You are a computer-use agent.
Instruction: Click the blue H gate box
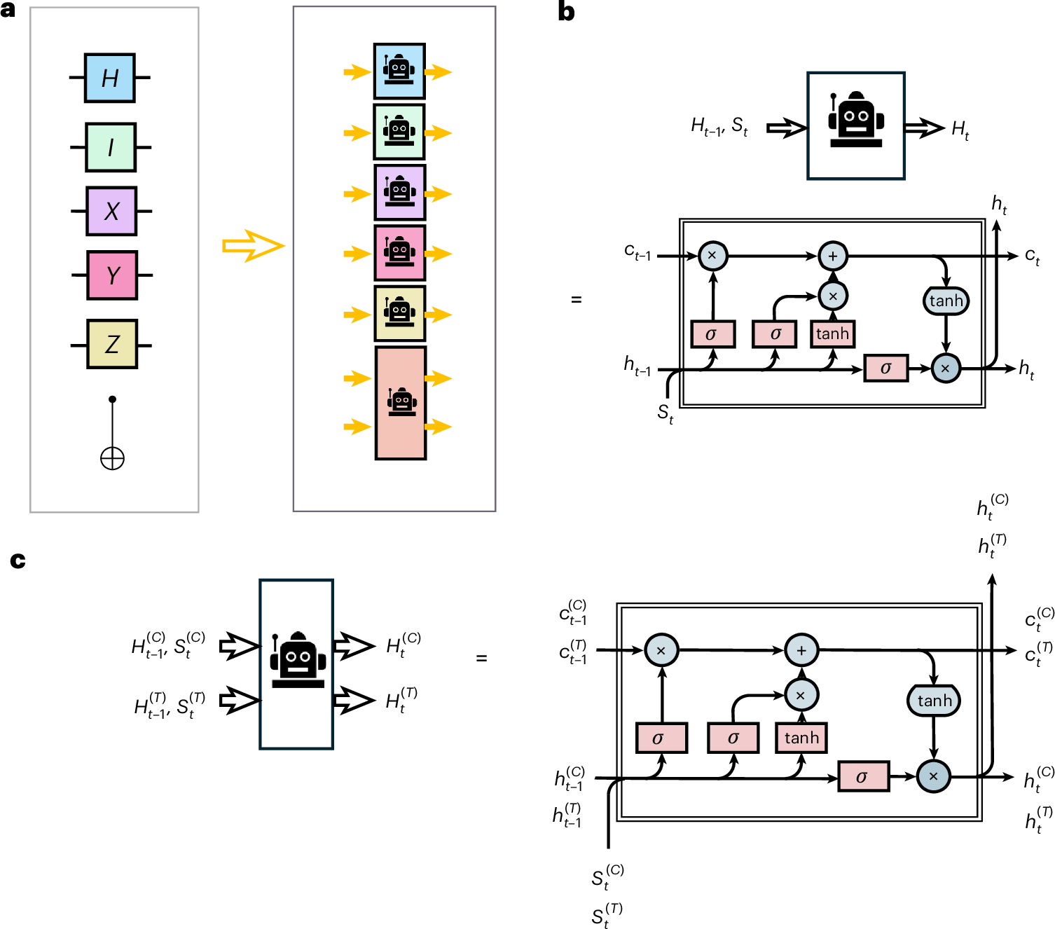pyautogui.click(x=110, y=78)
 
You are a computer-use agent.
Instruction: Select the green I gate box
pyautogui.click(x=111, y=147)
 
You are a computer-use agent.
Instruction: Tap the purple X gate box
pyautogui.click(x=111, y=211)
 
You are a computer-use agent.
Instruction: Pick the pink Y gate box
pyautogui.click(x=112, y=275)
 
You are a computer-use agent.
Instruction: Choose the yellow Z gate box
pyautogui.click(x=112, y=344)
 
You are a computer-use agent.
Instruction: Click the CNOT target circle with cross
pyautogui.click(x=112, y=459)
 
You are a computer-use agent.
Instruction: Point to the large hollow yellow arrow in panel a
pyautogui.click(x=253, y=246)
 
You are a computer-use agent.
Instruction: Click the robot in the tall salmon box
pyautogui.click(x=401, y=402)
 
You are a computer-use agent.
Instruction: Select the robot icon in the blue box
pyautogui.click(x=399, y=70)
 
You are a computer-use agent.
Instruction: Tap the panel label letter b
pyautogui.click(x=566, y=12)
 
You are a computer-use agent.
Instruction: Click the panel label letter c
pyautogui.click(x=18, y=560)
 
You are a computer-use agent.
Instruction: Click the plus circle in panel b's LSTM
pyautogui.click(x=833, y=256)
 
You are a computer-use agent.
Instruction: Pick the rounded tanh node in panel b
pyautogui.click(x=946, y=301)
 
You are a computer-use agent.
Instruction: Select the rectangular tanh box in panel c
pyautogui.click(x=801, y=738)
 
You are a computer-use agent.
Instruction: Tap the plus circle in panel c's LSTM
pyautogui.click(x=801, y=650)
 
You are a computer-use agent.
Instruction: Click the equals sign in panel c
pyautogui.click(x=481, y=659)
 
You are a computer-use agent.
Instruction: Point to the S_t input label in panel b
pyautogui.click(x=665, y=414)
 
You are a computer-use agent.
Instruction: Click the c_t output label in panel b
pyautogui.click(x=1032, y=257)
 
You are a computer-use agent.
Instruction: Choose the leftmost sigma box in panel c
pyautogui.click(x=661, y=738)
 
